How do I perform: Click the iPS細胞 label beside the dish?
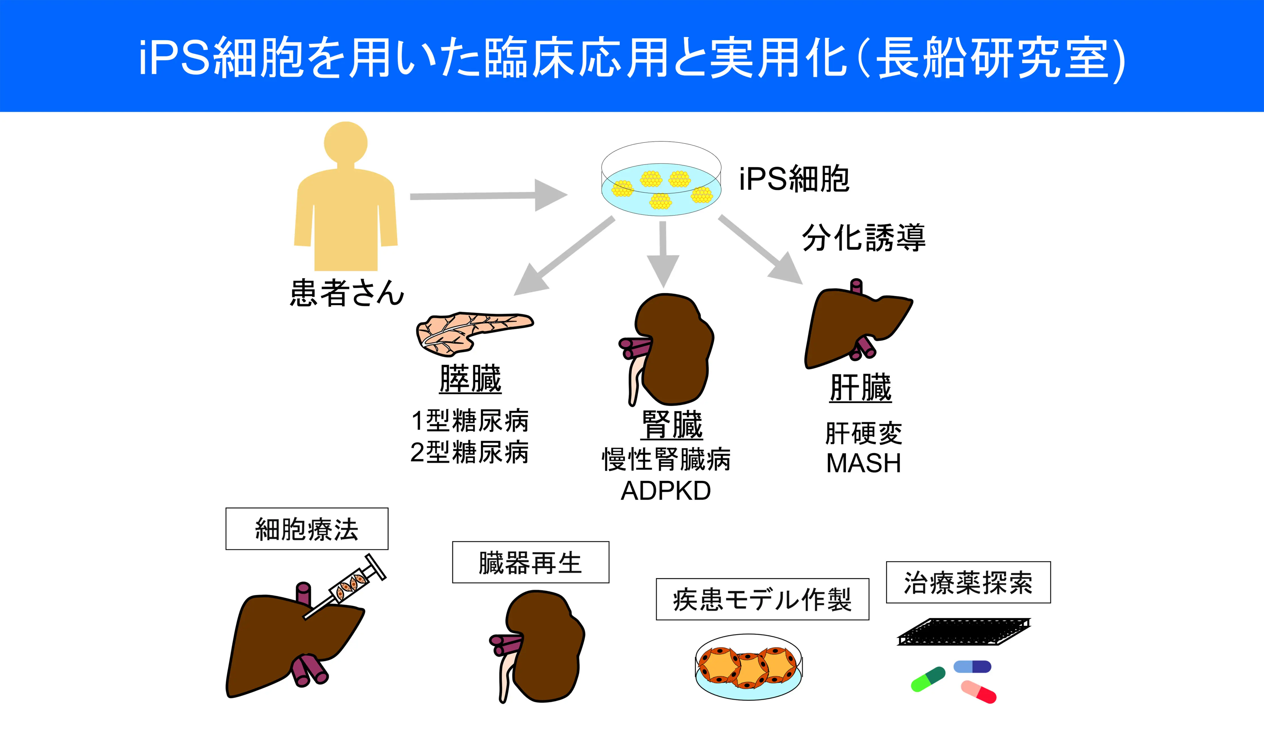[x=794, y=179]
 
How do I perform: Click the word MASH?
[x=863, y=463]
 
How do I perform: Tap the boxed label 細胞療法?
[x=307, y=529]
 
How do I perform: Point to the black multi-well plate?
[x=963, y=632]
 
